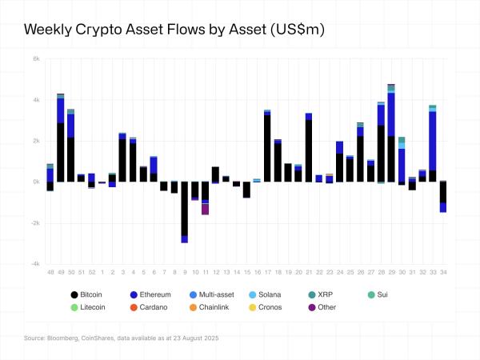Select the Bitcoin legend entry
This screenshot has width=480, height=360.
(x=90, y=295)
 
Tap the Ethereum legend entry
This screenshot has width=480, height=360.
(x=154, y=295)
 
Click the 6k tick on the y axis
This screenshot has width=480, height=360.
(x=36, y=58)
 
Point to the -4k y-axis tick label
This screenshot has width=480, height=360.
(x=35, y=264)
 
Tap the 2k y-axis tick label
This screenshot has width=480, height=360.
(x=36, y=141)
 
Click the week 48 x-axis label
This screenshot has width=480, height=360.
(x=50, y=273)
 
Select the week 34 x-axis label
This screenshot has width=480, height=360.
(x=442, y=273)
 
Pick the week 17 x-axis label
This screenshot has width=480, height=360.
(x=266, y=273)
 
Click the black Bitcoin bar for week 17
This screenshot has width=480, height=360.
(x=266, y=148)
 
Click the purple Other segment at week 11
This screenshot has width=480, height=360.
(x=205, y=209)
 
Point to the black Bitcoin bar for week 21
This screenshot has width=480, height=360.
(x=308, y=152)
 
